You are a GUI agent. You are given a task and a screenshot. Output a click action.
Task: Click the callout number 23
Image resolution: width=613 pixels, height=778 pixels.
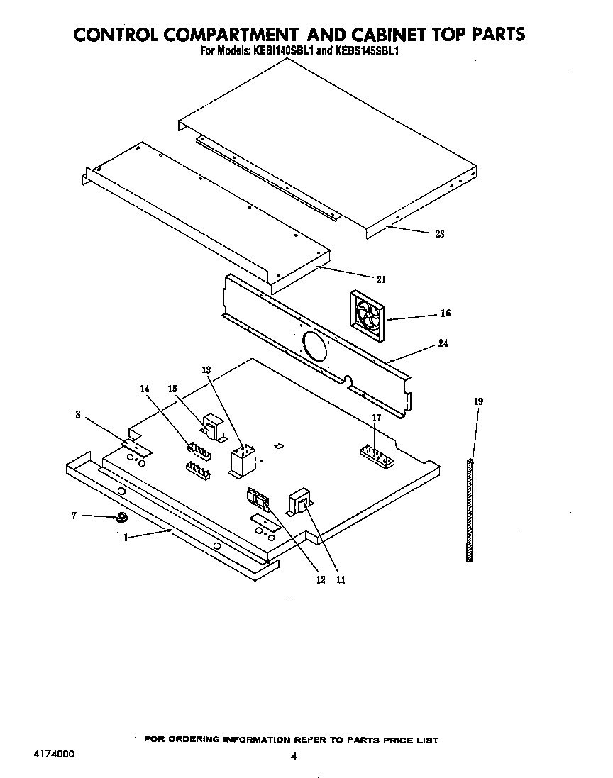pyautogui.click(x=439, y=235)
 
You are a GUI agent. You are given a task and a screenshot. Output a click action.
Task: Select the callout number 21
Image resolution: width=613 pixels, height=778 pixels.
pyautogui.click(x=381, y=279)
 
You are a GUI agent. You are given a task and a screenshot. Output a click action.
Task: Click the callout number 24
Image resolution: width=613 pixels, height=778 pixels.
pyautogui.click(x=443, y=344)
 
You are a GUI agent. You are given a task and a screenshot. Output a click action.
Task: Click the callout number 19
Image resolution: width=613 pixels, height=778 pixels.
pyautogui.click(x=478, y=402)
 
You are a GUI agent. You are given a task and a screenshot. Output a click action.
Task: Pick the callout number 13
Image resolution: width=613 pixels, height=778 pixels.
pyautogui.click(x=206, y=370)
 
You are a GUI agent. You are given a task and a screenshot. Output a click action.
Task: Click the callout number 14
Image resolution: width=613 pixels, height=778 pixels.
pyautogui.click(x=145, y=389)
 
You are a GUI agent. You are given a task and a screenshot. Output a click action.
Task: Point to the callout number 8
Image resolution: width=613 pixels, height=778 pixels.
pyautogui.click(x=77, y=414)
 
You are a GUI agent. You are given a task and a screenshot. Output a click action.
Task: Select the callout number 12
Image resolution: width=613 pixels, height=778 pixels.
pyautogui.click(x=321, y=579)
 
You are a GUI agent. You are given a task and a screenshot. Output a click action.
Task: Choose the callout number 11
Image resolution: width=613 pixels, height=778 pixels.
pyautogui.click(x=341, y=579)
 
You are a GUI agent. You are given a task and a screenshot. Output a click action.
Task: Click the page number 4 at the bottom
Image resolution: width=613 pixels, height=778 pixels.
pyautogui.click(x=293, y=756)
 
